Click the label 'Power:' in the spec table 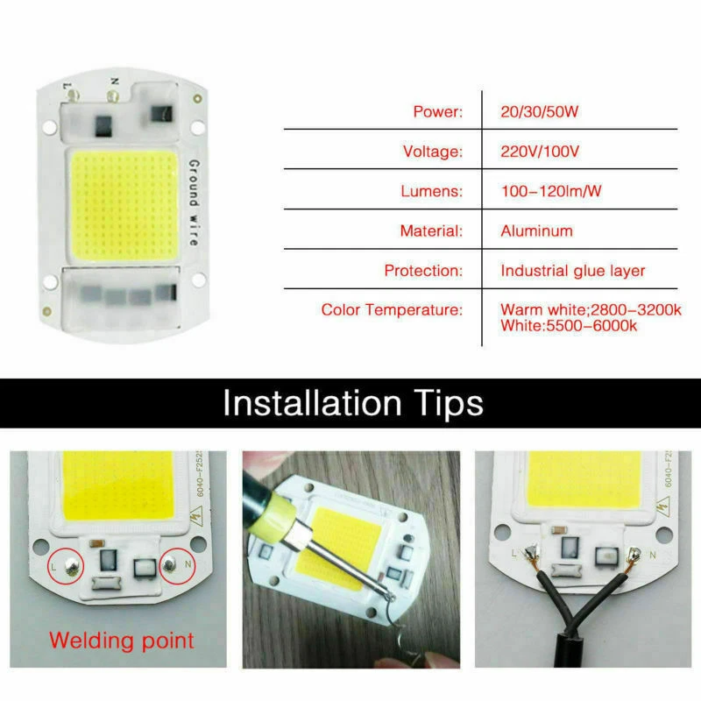click(436, 112)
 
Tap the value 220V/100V click(540, 152)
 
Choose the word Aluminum click(536, 231)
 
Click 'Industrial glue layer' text click(572, 271)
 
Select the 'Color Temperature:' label click(391, 310)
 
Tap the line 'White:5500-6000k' click(568, 326)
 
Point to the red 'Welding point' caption click(121, 640)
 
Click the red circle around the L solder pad click(65, 568)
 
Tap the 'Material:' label click(431, 231)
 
